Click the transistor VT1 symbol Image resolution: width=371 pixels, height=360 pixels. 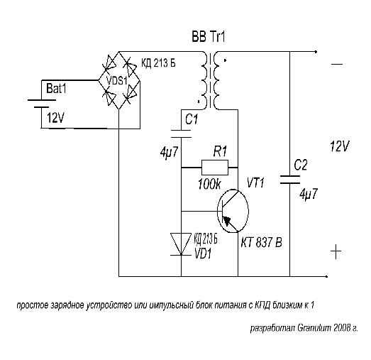pyautogui.click(x=233, y=211)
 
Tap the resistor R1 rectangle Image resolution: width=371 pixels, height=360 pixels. pyautogui.click(x=215, y=168)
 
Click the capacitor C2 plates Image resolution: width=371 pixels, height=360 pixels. pyautogui.click(x=290, y=180)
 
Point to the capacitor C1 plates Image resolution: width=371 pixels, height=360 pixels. pyautogui.click(x=181, y=133)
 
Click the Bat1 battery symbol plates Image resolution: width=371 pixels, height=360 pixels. pyautogui.click(x=42, y=104)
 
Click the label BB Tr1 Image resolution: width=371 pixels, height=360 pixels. pyautogui.click(x=209, y=37)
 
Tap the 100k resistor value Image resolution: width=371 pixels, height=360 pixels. pyautogui.click(x=209, y=184)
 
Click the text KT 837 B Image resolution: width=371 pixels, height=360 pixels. pyautogui.click(x=262, y=242)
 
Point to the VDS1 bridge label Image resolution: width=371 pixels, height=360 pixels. pyautogui.click(x=117, y=81)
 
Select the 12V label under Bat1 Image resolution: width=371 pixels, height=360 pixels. pyautogui.click(x=55, y=117)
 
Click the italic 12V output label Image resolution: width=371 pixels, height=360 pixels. pyautogui.click(x=340, y=146)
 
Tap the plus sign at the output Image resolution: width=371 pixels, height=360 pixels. pyautogui.click(x=336, y=251)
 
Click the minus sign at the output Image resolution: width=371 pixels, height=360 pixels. pyautogui.click(x=337, y=64)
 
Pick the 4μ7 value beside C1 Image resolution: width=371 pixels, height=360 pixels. pyautogui.click(x=169, y=152)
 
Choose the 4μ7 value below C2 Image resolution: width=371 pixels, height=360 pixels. pyautogui.click(x=309, y=195)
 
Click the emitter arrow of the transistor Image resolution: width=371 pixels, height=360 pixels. pyautogui.click(x=228, y=220)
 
